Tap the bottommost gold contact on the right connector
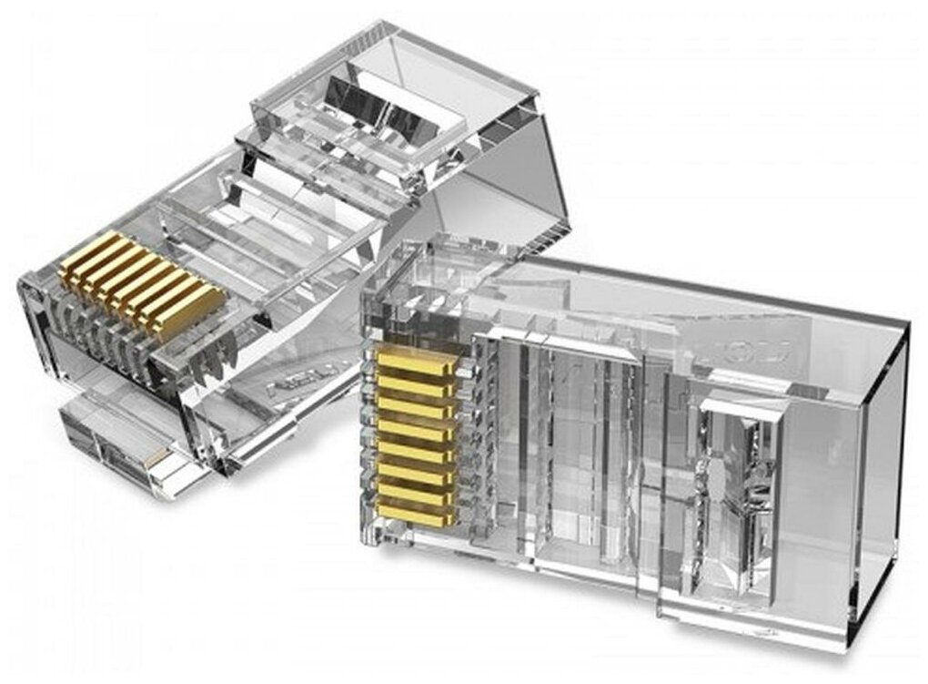tap(417, 516)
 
